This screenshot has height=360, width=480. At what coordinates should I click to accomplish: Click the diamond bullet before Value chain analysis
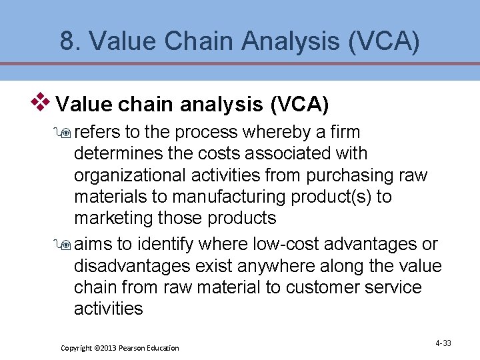pos(43,102)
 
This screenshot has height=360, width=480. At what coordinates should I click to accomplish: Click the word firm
pos(344,132)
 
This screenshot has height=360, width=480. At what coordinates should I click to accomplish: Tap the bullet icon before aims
pos(65,245)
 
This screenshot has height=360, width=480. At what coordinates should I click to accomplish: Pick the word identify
pos(167,245)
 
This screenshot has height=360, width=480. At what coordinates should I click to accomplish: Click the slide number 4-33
pos(443,343)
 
